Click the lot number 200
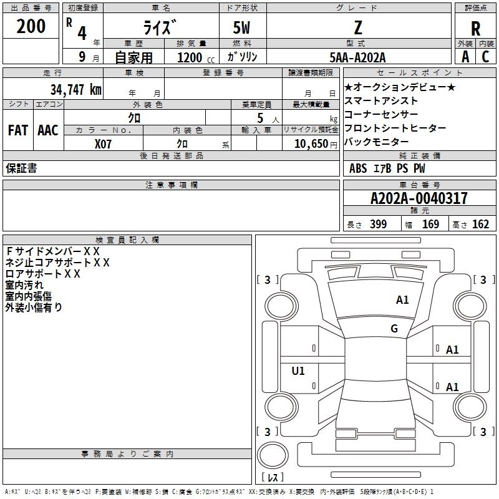tap(31, 26)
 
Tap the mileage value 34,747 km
tap(75, 89)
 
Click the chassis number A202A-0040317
tap(419, 198)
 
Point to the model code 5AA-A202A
tap(357, 57)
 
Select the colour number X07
tap(104, 143)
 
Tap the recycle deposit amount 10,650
tap(310, 143)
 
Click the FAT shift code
tap(17, 130)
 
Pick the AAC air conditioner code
tap(47, 130)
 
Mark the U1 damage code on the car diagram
tap(298, 371)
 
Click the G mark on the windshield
tap(394, 329)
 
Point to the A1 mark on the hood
tap(402, 300)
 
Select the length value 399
tap(378, 225)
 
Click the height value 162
tap(480, 225)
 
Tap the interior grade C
tap(485, 56)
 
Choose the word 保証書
tap(21, 168)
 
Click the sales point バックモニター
tap(376, 142)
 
